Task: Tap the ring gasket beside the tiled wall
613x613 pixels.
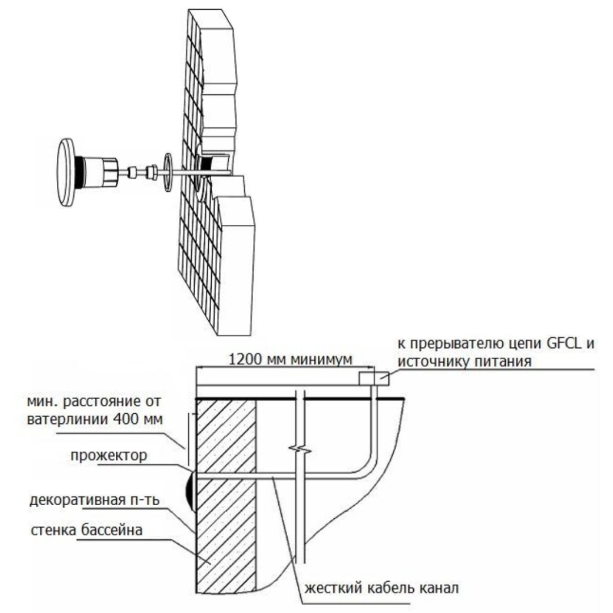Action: tap(167, 173)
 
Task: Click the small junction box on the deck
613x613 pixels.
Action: tap(373, 379)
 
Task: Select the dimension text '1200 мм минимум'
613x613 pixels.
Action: tap(290, 359)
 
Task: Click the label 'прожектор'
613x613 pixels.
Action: tap(108, 455)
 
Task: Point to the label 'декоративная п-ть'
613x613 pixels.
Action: tap(95, 500)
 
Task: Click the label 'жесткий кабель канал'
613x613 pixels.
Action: tap(381, 587)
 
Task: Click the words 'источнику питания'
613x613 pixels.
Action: tap(464, 361)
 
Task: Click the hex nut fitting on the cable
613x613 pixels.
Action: tap(152, 173)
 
